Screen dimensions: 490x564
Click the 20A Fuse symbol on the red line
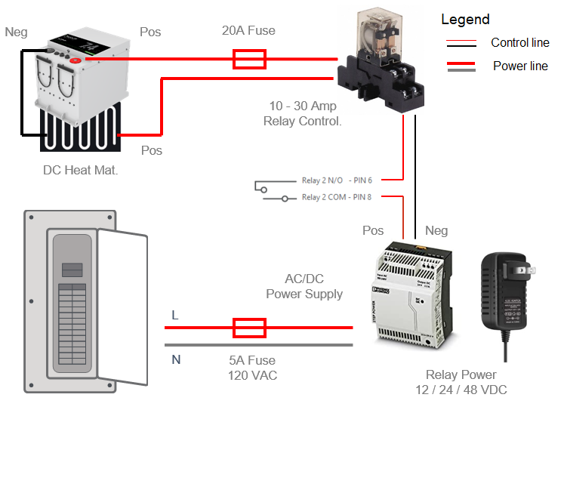[248, 59]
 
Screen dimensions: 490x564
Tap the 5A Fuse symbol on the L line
[248, 327]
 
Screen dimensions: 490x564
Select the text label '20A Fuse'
[248, 31]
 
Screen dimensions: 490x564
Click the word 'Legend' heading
[465, 20]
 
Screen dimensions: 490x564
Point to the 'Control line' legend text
[520, 43]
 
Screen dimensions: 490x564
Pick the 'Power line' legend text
[520, 66]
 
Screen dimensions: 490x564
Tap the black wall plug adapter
[507, 291]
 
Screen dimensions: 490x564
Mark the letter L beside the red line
[175, 316]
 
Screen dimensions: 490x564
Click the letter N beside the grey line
[176, 359]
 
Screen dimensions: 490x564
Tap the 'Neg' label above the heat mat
[16, 32]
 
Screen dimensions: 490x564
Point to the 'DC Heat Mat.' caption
[80, 170]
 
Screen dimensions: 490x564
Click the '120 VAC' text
[252, 375]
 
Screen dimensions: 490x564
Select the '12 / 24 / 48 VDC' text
[461, 390]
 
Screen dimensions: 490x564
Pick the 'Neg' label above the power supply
[436, 230]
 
